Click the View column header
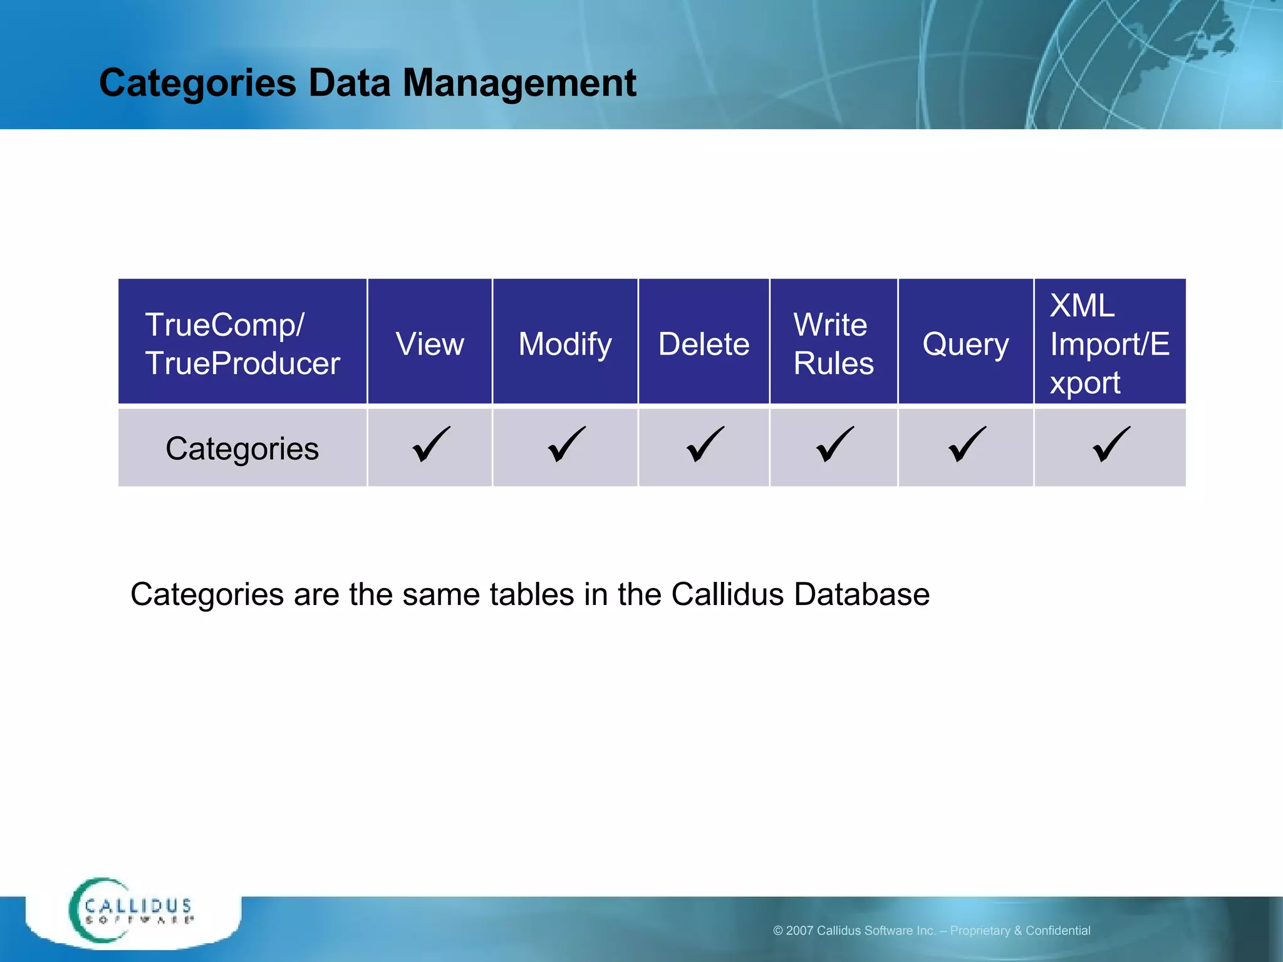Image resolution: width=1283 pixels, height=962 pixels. (430, 344)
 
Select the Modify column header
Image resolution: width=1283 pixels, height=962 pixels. (565, 344)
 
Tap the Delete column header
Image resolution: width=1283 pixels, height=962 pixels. (704, 344)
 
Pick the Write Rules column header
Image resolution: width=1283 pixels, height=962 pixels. (833, 344)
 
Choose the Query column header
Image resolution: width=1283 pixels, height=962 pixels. (965, 344)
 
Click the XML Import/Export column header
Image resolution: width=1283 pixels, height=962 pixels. (1109, 344)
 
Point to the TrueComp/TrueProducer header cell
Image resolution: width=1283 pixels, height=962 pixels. (242, 344)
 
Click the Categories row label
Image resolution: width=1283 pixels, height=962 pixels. (242, 448)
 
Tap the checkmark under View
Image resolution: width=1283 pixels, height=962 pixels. (431, 444)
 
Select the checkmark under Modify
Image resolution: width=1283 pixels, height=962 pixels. (566, 444)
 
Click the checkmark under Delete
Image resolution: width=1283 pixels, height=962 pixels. (705, 444)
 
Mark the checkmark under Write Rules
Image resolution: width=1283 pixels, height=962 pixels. (835, 444)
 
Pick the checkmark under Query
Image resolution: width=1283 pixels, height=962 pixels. (967, 444)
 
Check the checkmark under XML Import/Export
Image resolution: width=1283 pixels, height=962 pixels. (1111, 444)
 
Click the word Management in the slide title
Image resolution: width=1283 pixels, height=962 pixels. (519, 83)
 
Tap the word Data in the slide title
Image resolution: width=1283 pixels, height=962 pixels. (350, 83)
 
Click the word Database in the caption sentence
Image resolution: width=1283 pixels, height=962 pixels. (861, 594)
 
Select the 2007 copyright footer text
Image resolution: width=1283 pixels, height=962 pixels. (932, 931)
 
